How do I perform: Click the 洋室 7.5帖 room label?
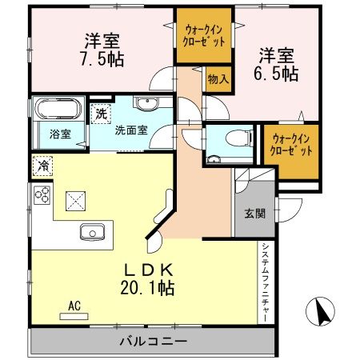click(x=102, y=49)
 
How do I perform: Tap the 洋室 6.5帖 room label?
click(x=276, y=63)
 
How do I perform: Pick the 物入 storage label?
click(x=217, y=78)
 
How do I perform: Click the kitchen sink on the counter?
click(x=93, y=233)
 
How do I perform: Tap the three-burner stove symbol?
click(x=42, y=196)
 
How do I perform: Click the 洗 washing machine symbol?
click(x=102, y=114)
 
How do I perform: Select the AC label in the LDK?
click(x=74, y=306)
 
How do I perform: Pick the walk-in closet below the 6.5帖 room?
click(x=292, y=145)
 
